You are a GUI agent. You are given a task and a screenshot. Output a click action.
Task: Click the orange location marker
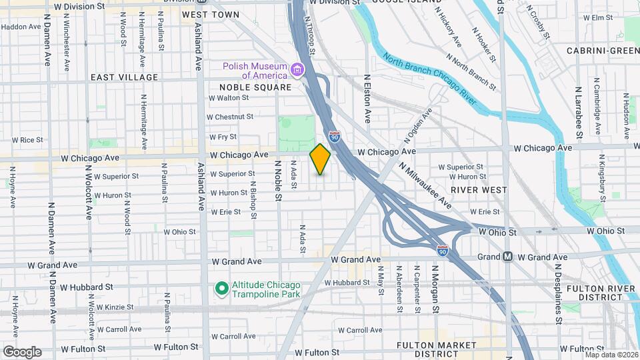click(320, 159)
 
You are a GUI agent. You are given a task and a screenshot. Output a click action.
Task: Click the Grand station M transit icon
click(507, 257)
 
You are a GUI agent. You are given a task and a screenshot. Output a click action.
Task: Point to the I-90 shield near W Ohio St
click(443, 251)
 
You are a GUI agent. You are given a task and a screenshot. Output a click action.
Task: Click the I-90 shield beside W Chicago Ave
click(335, 137)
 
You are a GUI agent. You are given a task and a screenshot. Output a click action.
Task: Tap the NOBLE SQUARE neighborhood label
click(255, 87)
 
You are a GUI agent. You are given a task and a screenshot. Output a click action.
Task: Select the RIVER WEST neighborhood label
click(479, 190)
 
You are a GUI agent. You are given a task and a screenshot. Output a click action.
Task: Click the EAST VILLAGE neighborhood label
click(125, 77)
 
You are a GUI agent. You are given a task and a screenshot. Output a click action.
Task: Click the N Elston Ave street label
click(367, 99)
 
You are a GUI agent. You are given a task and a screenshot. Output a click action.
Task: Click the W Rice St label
click(27, 140)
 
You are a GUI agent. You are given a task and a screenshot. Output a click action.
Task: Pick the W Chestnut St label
click(230, 117)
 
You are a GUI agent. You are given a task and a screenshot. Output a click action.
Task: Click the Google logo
click(22, 352)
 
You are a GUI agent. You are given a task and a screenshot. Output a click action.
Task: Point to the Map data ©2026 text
click(611, 355)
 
